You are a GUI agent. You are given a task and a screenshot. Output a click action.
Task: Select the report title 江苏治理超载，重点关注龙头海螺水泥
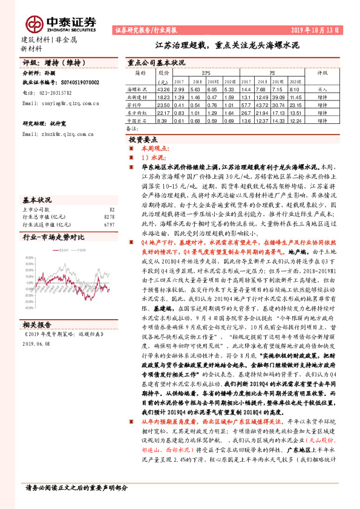pyautogui.click(x=227, y=44)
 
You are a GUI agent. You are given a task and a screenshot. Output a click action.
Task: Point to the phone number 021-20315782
pyautogui.click(x=60, y=92)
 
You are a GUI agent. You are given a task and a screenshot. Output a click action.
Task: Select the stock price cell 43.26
pyautogui.click(x=163, y=88)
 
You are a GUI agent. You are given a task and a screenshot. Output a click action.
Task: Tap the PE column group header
pyautogui.click(x=272, y=72)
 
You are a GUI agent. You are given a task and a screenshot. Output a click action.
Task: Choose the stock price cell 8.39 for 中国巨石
pyautogui.click(x=162, y=120)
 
